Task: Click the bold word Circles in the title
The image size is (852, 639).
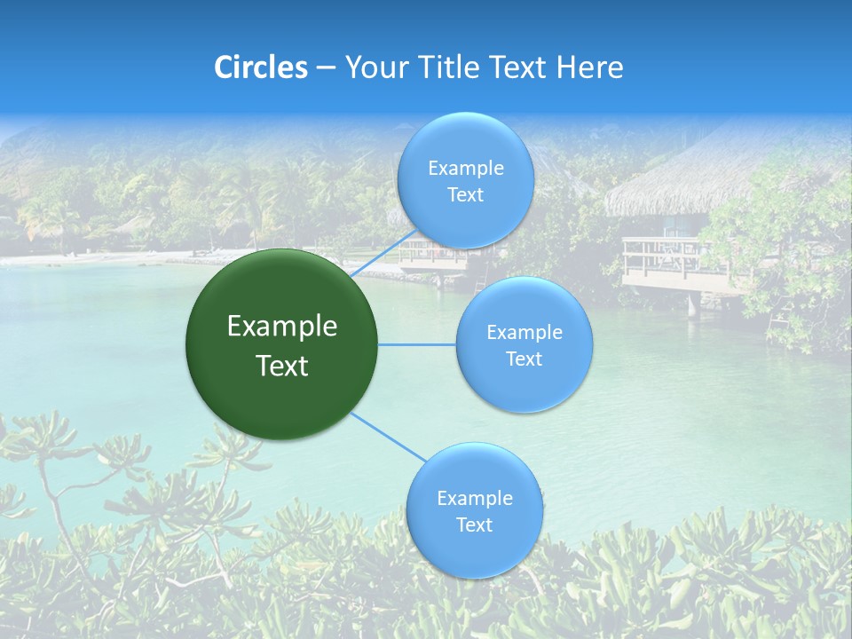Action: [261, 67]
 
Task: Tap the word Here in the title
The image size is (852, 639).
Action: [589, 67]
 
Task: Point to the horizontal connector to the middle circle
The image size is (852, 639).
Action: [417, 344]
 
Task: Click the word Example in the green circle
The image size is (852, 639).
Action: [282, 327]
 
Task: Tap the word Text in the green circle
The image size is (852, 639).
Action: [282, 366]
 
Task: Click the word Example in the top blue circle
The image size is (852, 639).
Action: [465, 169]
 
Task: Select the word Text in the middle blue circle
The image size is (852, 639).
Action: [524, 359]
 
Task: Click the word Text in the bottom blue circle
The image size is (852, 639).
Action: [474, 525]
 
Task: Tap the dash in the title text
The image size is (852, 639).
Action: [326, 67]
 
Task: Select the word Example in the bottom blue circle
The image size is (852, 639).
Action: [474, 498]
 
